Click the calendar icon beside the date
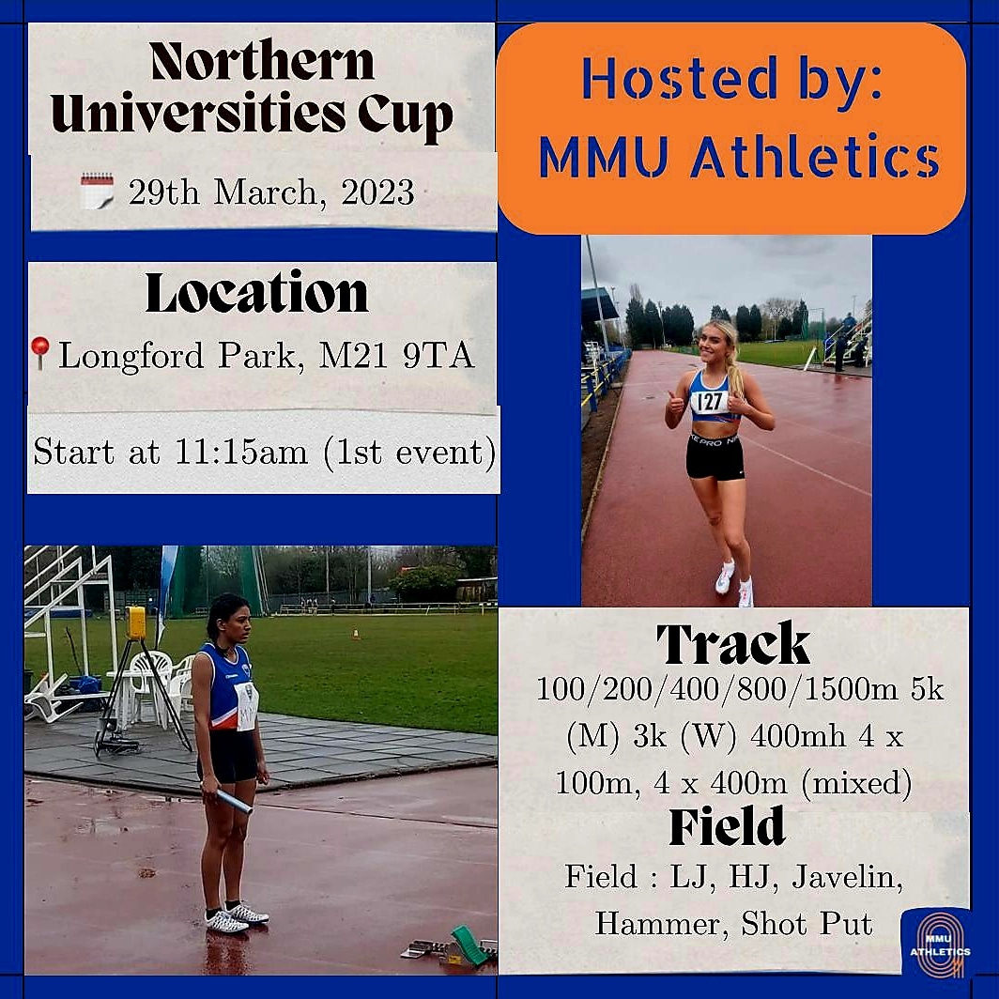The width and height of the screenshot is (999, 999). click(96, 191)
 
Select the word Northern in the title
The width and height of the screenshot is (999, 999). click(261, 62)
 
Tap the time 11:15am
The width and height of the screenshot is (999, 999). click(240, 453)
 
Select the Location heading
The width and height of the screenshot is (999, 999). click(256, 293)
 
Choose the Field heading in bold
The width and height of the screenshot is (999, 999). click(727, 826)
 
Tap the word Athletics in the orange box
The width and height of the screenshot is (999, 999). click(815, 160)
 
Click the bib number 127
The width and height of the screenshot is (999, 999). click(710, 402)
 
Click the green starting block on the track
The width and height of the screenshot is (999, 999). click(469, 944)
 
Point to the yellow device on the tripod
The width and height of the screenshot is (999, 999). click(135, 622)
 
